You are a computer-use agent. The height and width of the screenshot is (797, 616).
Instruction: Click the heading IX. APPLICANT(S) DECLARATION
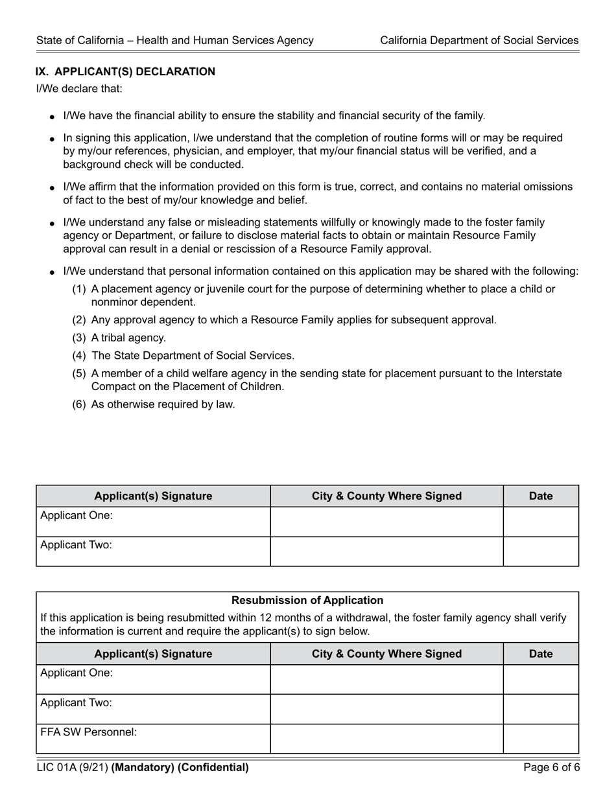(x=125, y=72)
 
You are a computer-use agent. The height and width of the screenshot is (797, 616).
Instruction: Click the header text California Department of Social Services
(x=479, y=40)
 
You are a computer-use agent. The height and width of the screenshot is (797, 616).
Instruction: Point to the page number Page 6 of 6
(x=552, y=768)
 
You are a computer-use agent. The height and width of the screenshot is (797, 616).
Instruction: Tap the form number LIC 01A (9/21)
(x=72, y=768)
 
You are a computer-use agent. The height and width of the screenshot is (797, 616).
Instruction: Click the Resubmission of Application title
(x=307, y=601)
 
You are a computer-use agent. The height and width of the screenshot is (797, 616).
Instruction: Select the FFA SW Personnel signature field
(x=153, y=739)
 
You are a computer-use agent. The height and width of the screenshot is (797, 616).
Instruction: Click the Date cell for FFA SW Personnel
(x=541, y=739)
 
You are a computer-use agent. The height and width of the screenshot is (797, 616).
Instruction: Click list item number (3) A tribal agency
(x=119, y=338)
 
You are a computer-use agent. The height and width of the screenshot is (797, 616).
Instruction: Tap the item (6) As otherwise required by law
(x=154, y=404)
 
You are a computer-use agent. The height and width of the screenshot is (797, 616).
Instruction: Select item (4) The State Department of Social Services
(x=183, y=356)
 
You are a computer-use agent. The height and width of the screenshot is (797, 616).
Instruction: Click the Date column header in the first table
(x=541, y=496)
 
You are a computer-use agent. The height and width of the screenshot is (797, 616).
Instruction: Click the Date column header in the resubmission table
(x=541, y=654)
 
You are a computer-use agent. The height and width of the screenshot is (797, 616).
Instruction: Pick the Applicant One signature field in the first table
(x=153, y=522)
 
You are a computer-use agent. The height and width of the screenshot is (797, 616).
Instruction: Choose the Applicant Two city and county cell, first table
(x=386, y=551)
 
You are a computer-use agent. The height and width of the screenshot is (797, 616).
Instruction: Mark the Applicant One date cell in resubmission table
(x=541, y=679)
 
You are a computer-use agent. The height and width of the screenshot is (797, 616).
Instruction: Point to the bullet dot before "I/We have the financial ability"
(x=52, y=117)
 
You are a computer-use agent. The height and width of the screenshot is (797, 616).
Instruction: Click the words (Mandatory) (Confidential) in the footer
(x=180, y=768)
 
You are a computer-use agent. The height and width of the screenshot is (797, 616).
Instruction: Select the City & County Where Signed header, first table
(x=386, y=496)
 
